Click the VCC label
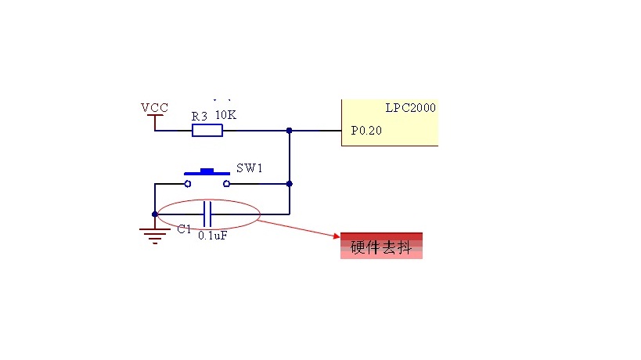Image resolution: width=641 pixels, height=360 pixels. [154, 107]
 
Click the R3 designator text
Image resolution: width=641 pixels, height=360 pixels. [200, 116]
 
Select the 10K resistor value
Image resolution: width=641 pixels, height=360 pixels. [225, 115]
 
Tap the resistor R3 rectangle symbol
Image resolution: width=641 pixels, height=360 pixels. [207, 130]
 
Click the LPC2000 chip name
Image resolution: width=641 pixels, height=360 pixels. [410, 108]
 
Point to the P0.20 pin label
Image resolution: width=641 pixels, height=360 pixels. [366, 131]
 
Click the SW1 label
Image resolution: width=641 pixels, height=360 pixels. [250, 168]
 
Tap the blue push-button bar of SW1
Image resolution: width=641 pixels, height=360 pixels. [207, 171]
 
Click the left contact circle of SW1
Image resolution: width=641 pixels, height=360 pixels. [188, 184]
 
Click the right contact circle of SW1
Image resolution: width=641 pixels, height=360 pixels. [227, 184]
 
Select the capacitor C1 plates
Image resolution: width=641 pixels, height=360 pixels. [207, 213]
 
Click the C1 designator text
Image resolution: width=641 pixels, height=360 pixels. [184, 229]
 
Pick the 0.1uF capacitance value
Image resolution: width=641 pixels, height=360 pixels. [213, 235]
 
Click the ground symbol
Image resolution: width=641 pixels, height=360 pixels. [155, 234]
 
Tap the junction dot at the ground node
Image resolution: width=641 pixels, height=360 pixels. [155, 213]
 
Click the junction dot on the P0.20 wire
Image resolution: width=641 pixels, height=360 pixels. [290, 130]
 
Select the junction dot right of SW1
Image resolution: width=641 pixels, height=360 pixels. [290, 184]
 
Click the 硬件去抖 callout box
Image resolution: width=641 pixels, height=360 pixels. [381, 246]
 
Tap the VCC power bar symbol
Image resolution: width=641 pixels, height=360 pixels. [155, 117]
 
